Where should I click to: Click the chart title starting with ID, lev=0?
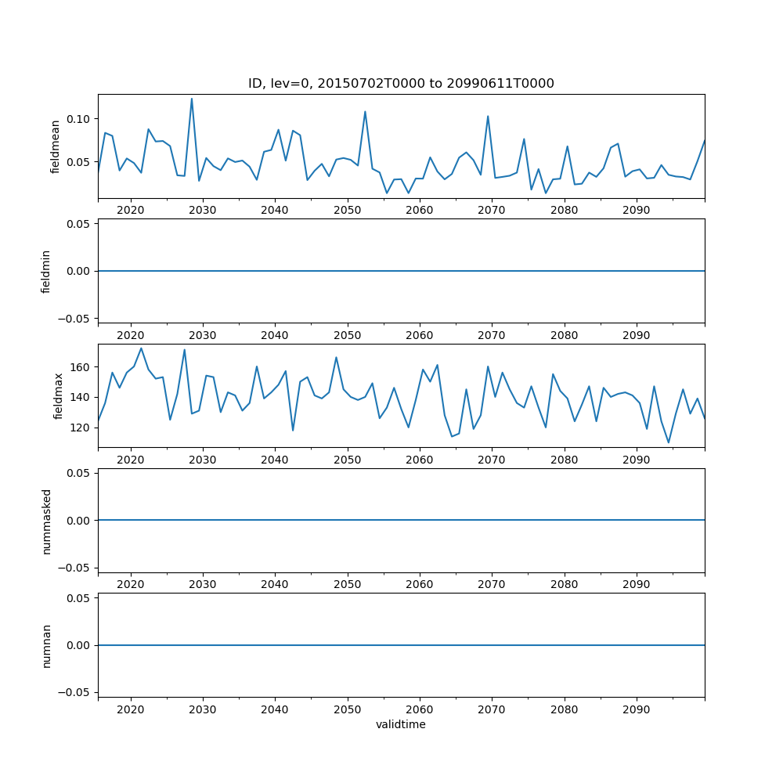click(x=401, y=84)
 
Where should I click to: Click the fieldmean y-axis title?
click(x=55, y=146)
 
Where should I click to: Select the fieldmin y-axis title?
click(x=45, y=271)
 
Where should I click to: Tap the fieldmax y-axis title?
click(x=57, y=396)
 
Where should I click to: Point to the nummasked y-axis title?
click(x=46, y=521)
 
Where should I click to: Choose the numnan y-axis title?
click(x=46, y=645)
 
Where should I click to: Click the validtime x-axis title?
click(x=401, y=725)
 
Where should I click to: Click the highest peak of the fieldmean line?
click(x=192, y=99)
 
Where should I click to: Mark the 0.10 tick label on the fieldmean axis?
click(x=79, y=119)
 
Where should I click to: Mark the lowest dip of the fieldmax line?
click(x=669, y=442)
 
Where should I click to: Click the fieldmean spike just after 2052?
click(x=365, y=111)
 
